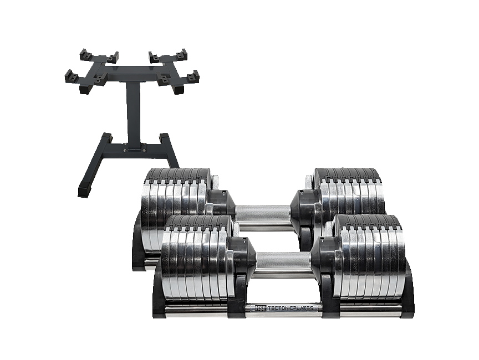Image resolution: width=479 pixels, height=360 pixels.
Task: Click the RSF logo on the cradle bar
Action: pyautogui.click(x=261, y=308)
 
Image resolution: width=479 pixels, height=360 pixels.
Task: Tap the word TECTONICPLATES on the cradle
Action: pyautogui.click(x=290, y=308)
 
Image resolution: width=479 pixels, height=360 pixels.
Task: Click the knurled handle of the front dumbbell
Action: pyautogui.click(x=283, y=261)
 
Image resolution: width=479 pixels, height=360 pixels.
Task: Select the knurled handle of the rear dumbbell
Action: pyautogui.click(x=263, y=212)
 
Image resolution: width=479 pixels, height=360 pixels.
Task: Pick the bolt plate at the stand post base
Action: pyautogui.click(x=133, y=148)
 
